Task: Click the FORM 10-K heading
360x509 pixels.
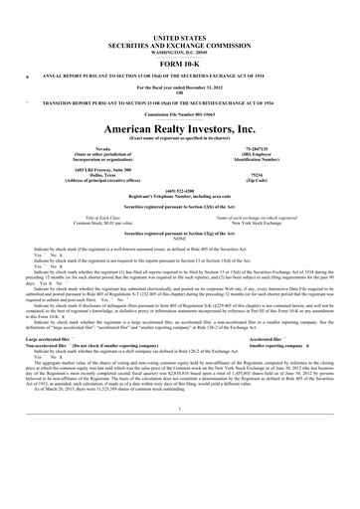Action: pos(180,59)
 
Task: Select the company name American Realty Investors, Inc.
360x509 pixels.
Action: pos(180,129)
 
